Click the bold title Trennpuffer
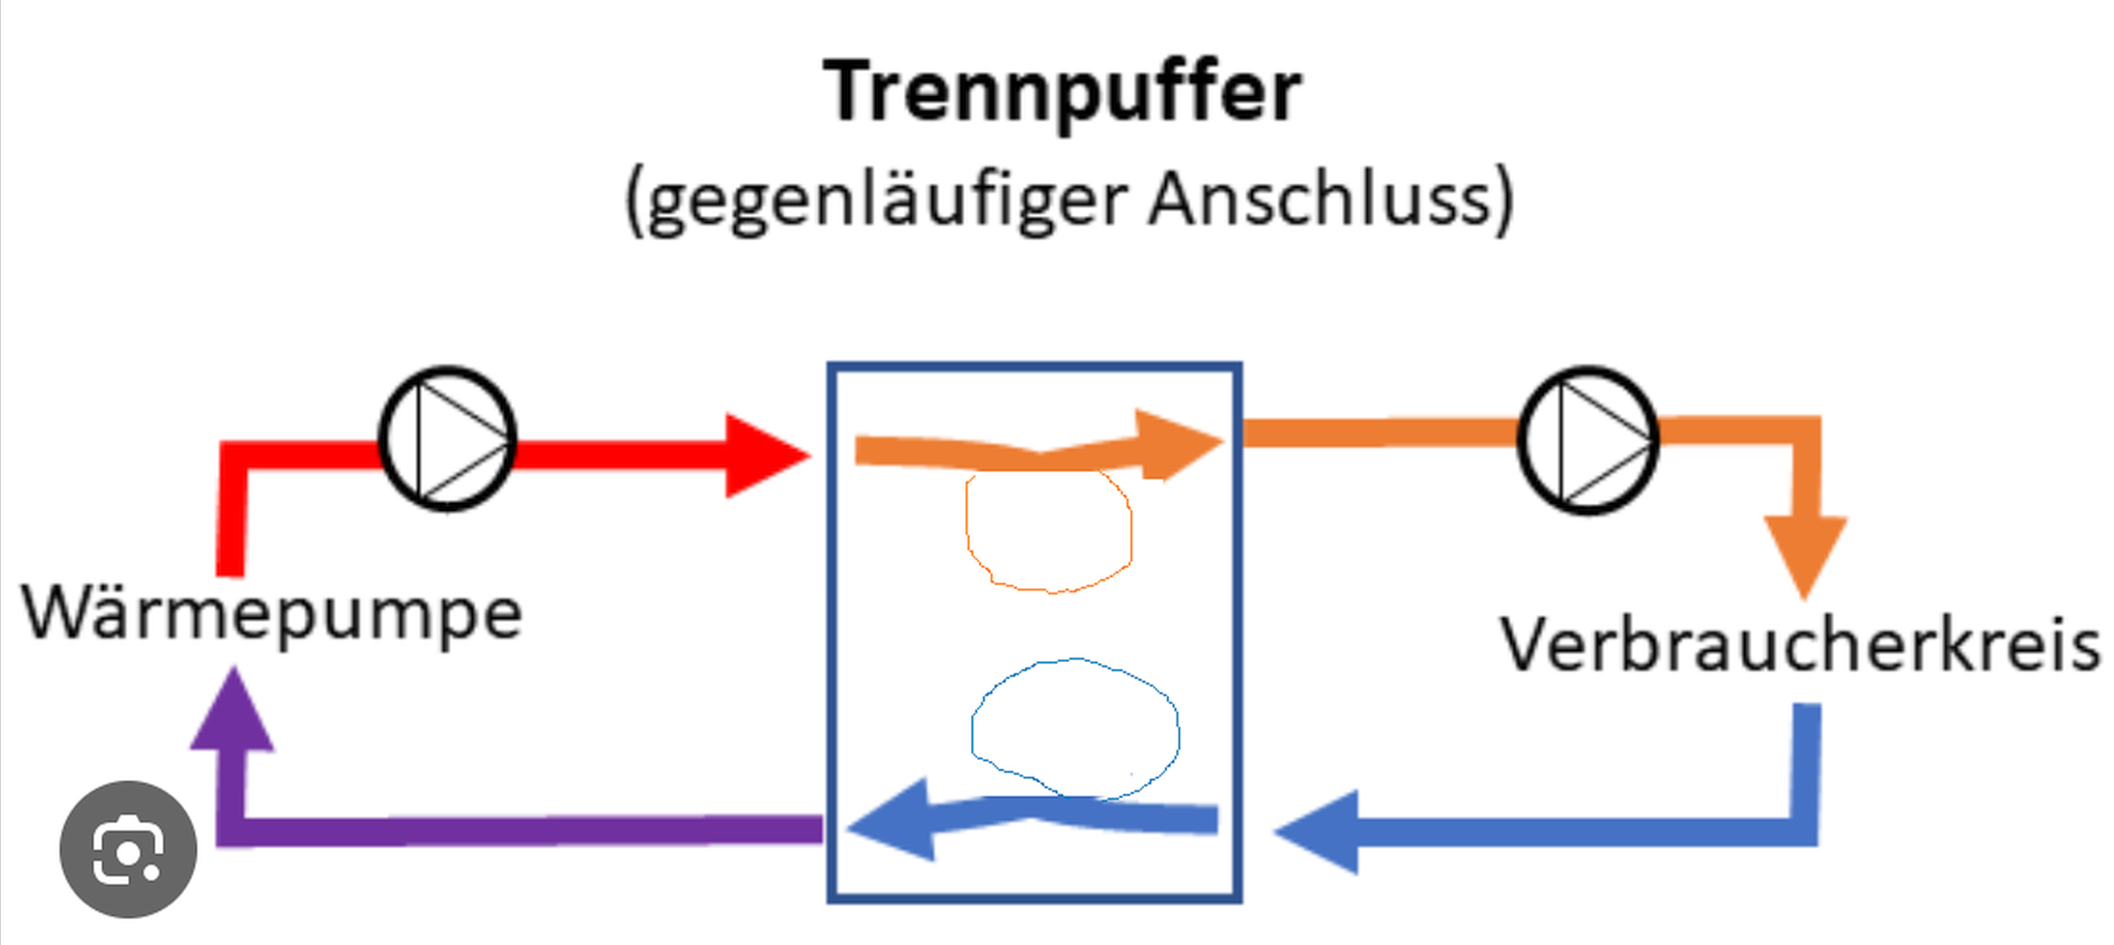tap(1062, 93)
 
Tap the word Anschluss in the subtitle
tap(1320, 198)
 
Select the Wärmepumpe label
tap(272, 615)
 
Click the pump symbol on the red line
tap(447, 439)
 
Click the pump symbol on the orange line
tap(1588, 440)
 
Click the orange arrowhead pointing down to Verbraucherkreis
tap(1805, 555)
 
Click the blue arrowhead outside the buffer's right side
tap(1317, 831)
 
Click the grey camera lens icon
tap(128, 850)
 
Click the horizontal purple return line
tap(520, 831)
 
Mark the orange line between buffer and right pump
tap(1380, 432)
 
